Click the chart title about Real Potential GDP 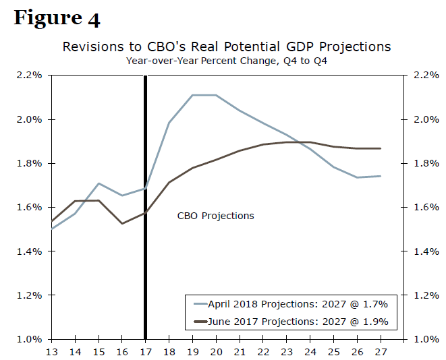tap(226, 47)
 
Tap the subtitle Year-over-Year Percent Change tap(226, 61)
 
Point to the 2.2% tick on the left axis tap(30, 76)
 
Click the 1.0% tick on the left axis tap(30, 339)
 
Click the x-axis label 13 tap(51, 351)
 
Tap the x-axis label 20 tap(216, 351)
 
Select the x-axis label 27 tap(381, 351)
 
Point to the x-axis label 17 tap(145, 351)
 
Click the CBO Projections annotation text tap(216, 216)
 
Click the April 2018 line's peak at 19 tap(192, 95)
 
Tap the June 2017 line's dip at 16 tap(121, 223)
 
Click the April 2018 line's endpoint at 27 tap(381, 176)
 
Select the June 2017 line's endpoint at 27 tap(381, 148)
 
